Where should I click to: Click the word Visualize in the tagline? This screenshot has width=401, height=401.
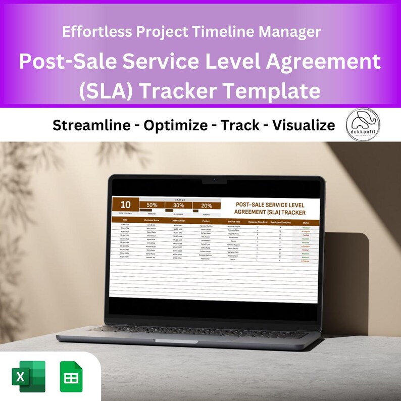click(303, 125)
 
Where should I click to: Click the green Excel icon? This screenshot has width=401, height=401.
click(28, 376)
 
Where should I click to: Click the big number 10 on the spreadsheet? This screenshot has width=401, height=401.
click(126, 205)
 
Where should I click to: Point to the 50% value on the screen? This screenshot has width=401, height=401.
click(152, 206)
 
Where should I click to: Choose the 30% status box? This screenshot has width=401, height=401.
click(179, 206)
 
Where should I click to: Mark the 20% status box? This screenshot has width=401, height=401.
click(207, 206)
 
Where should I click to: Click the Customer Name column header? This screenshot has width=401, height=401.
click(152, 220)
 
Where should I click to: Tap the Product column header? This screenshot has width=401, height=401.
click(206, 221)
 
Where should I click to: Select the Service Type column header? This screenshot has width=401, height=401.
click(234, 221)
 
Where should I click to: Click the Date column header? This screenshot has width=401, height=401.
click(125, 220)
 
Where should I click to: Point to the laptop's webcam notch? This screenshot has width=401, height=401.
click(214, 180)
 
